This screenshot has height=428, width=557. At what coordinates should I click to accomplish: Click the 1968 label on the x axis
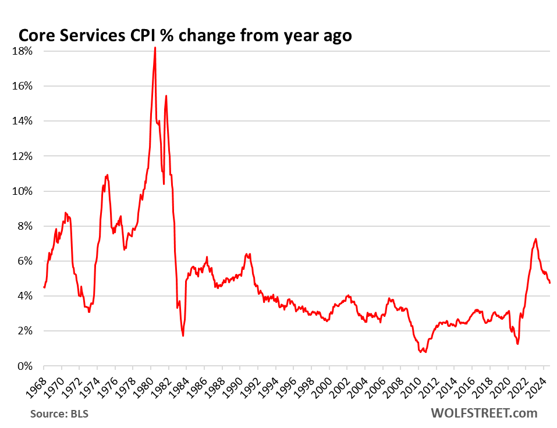coord(36,384)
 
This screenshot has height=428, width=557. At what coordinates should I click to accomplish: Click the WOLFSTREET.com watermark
coord(484,413)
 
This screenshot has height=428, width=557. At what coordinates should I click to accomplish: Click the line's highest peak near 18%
coord(155,48)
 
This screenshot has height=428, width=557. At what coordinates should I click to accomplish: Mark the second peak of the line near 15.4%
coord(166,96)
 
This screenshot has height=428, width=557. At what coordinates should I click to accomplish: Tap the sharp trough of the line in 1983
coord(183,336)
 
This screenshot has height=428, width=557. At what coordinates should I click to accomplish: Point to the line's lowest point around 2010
coord(426,352)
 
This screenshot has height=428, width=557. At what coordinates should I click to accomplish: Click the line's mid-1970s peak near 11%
coord(107,174)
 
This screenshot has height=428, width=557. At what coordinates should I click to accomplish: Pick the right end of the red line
coord(550,283)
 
